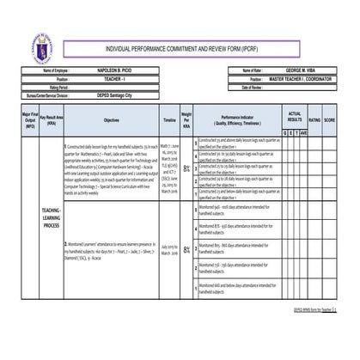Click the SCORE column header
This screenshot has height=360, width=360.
(x=329, y=121)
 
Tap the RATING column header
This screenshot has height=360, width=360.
(x=314, y=121)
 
